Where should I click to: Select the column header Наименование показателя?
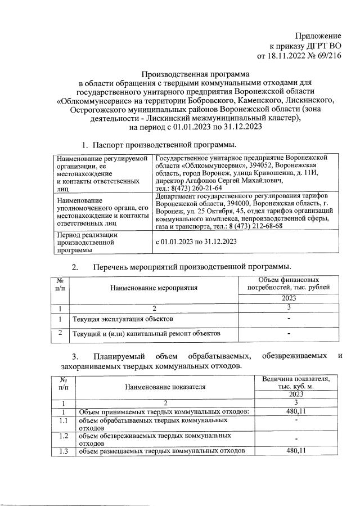[166, 387]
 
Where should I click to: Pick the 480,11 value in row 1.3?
[296, 451]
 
